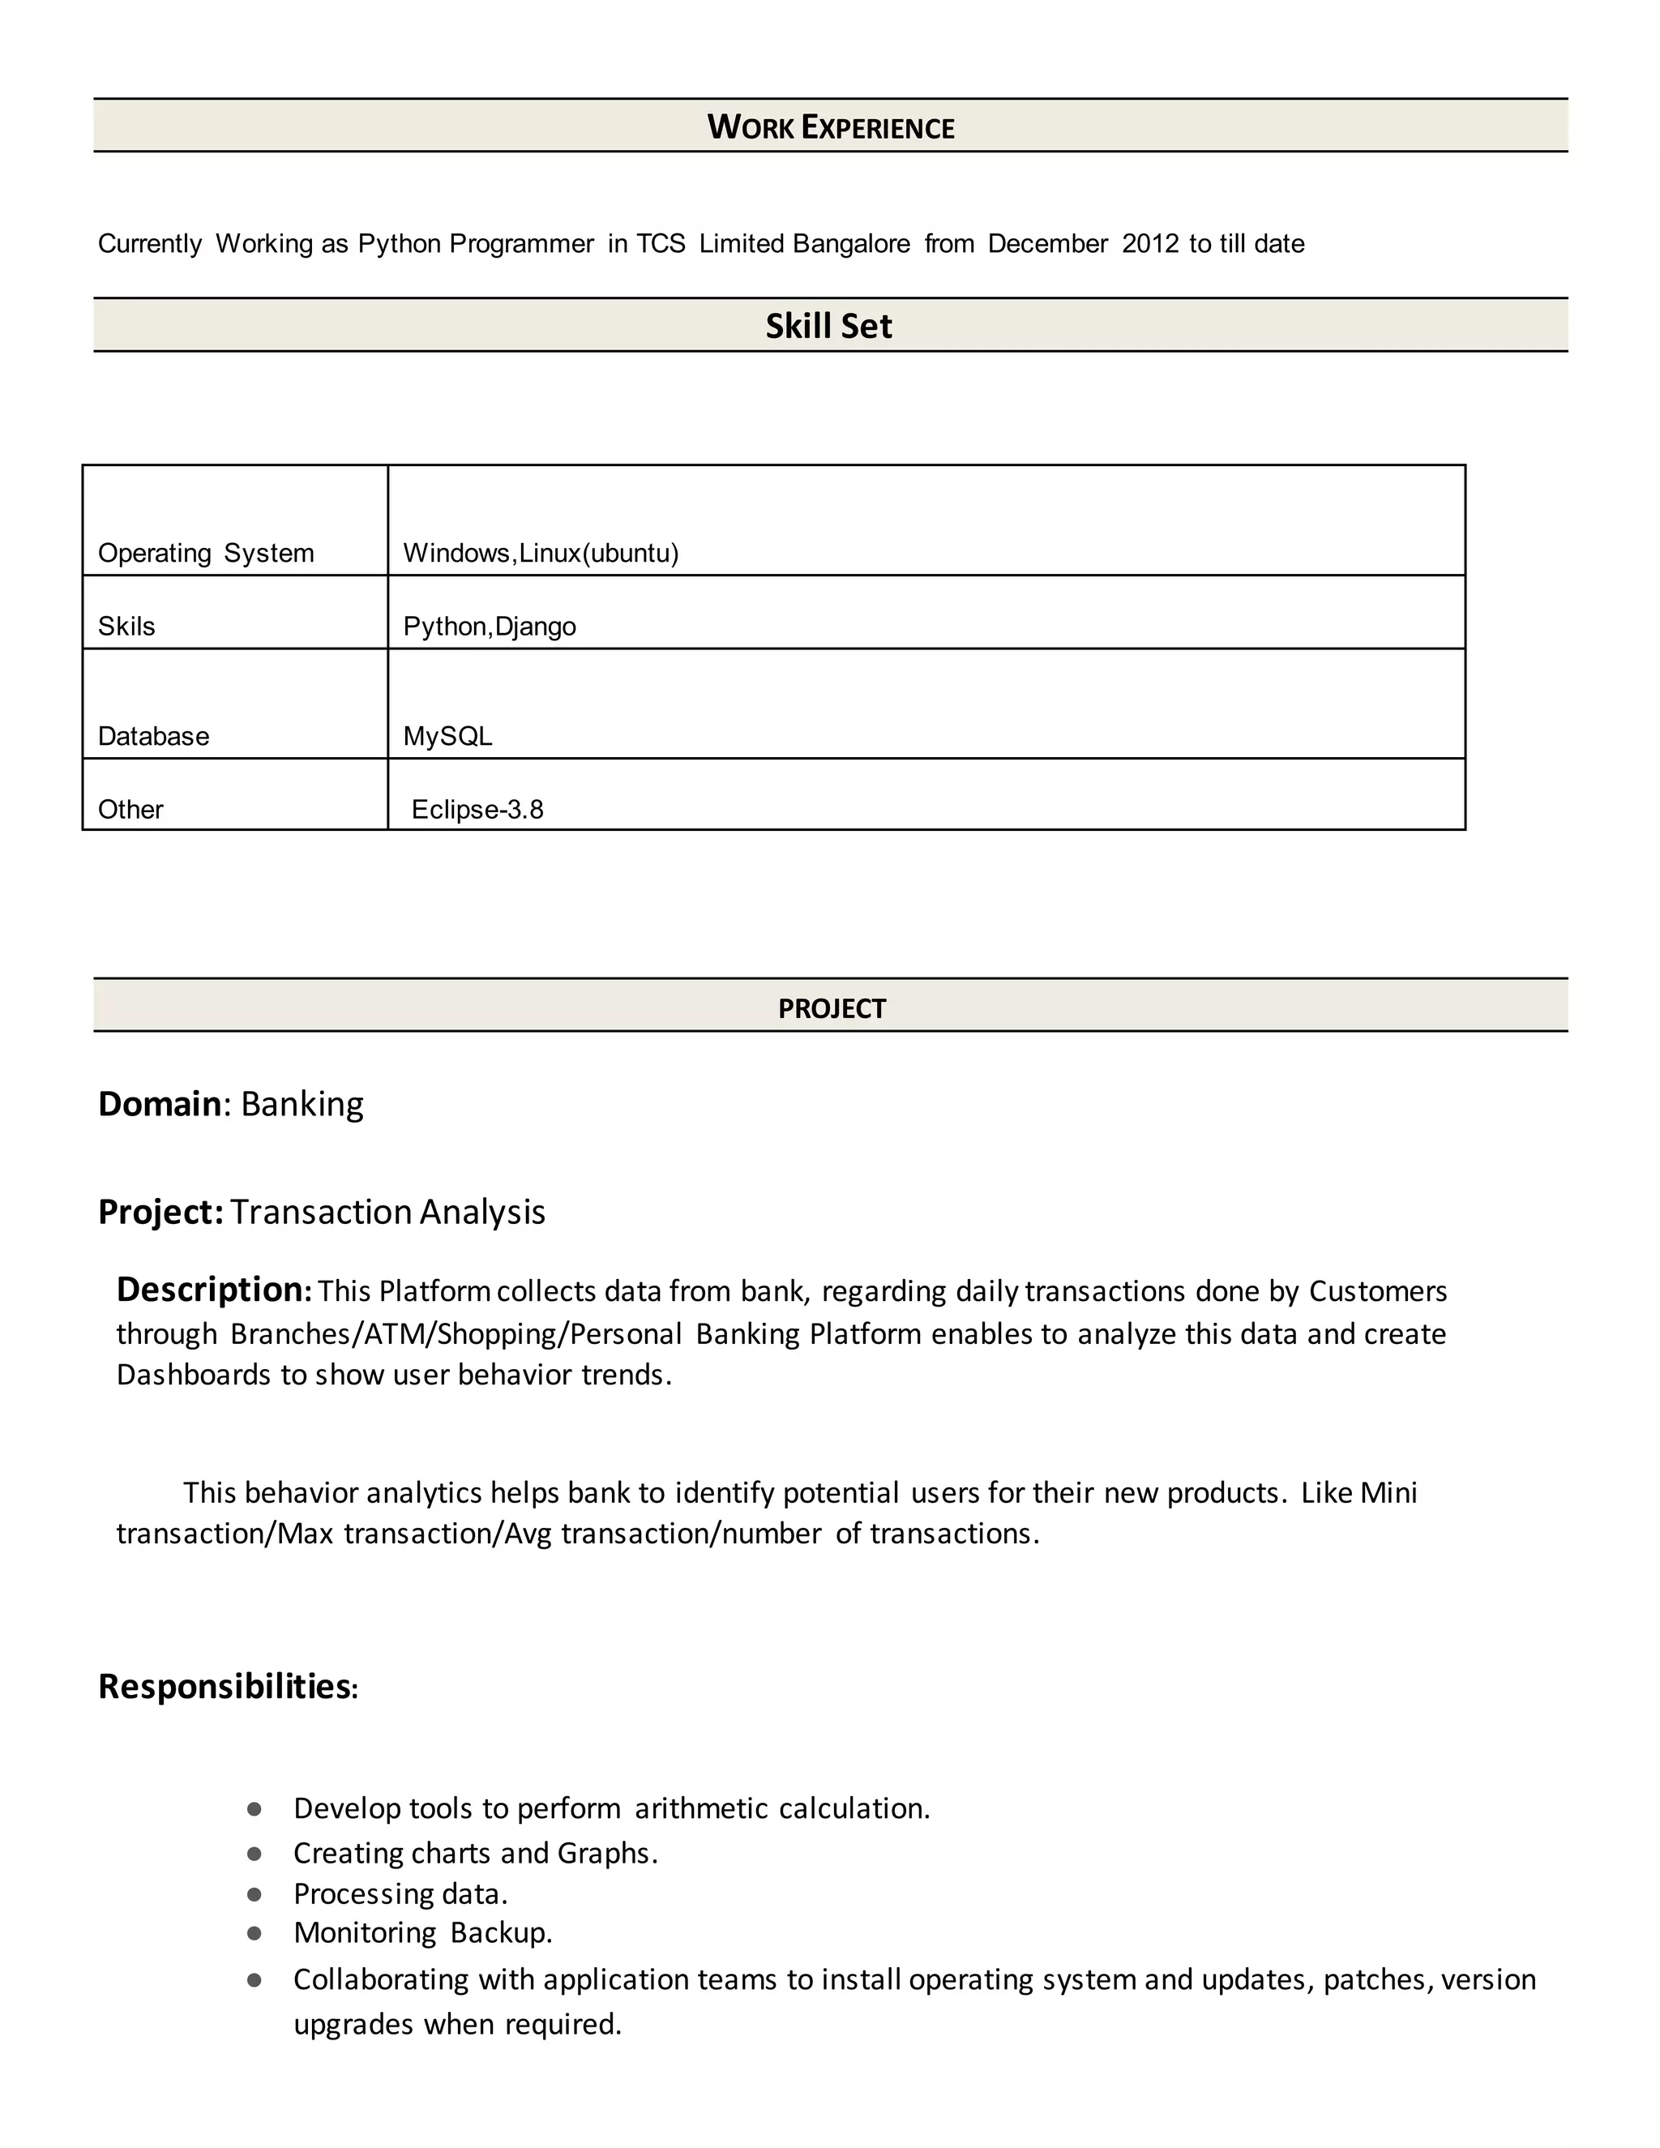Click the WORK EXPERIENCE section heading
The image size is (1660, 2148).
830,127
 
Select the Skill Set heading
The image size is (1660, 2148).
828,326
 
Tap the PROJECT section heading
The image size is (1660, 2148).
831,1008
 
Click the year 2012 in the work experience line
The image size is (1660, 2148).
1149,244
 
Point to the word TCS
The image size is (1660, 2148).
660,244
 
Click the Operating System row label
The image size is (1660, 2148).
206,553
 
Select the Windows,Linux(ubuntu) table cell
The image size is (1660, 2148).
541,553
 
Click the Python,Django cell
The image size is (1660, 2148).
489,627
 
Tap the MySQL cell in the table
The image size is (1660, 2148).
447,736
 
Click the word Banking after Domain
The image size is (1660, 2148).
302,1103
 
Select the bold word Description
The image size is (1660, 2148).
212,1289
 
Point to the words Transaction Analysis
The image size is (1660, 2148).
387,1212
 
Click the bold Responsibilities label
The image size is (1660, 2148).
225,1686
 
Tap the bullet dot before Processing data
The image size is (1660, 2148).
255,1893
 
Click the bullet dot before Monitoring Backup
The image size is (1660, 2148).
255,1932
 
